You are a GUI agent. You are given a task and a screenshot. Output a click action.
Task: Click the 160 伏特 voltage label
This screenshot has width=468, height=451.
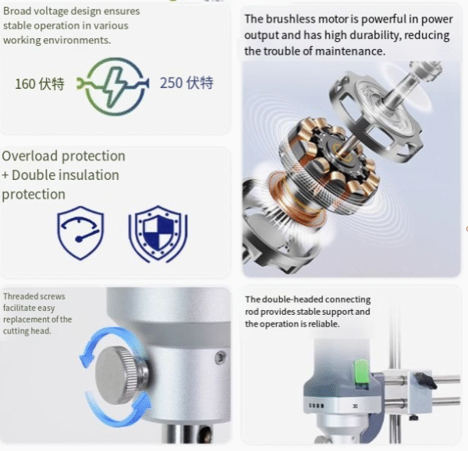tap(40, 83)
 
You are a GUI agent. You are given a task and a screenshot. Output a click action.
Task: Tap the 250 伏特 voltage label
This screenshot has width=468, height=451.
tap(186, 83)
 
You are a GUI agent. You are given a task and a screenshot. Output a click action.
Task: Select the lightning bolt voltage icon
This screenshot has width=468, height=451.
tap(112, 86)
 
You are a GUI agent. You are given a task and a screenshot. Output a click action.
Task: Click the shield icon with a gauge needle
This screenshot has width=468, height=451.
tap(80, 232)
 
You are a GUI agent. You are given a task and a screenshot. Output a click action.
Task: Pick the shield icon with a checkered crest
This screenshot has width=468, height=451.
tap(158, 234)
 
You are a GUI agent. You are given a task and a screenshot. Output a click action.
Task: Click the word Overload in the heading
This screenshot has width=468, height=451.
tap(30, 156)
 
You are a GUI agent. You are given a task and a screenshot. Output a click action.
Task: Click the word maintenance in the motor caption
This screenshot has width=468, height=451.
tap(349, 51)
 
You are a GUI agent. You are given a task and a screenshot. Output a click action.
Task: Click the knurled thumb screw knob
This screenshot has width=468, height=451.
tap(121, 375)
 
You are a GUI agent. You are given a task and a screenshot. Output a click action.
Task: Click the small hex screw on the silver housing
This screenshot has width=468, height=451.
tap(220, 357)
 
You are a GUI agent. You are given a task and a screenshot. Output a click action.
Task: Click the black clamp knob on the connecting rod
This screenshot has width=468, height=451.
tap(425, 380)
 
